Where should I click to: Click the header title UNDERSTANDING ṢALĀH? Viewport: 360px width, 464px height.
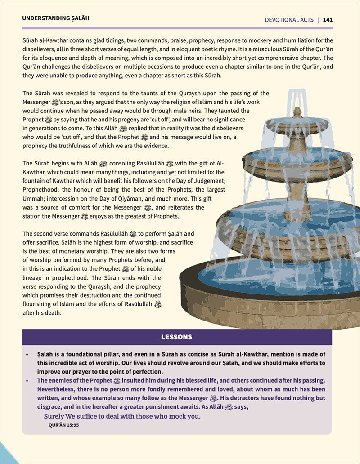tap(55, 18)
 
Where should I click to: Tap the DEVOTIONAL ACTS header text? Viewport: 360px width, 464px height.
tap(289, 20)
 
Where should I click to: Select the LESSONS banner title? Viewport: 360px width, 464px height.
tap(176, 337)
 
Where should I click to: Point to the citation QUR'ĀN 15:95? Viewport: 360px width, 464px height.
tap(63, 424)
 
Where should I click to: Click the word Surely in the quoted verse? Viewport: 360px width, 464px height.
tap(55, 416)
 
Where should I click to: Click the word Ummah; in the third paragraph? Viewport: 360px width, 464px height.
tap(35, 199)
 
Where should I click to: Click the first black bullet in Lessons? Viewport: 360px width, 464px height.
tap(27, 354)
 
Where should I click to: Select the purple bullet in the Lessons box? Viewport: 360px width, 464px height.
tap(27, 380)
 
